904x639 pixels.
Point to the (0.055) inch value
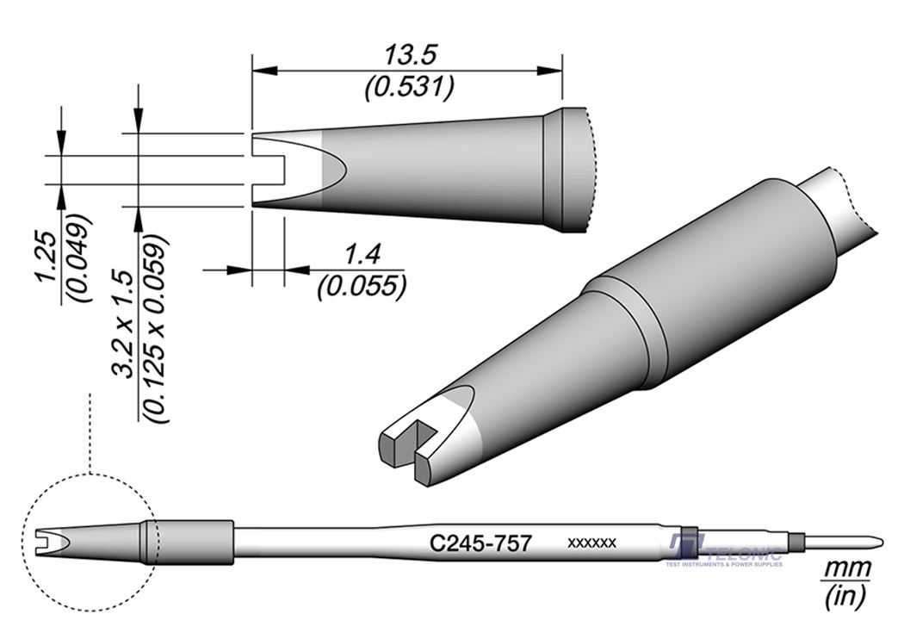click(x=362, y=285)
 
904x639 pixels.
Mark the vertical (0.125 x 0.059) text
click(x=158, y=328)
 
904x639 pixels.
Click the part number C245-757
click(x=480, y=543)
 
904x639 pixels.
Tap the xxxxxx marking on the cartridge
click(x=591, y=543)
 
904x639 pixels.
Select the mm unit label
click(x=848, y=568)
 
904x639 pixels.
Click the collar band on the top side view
click(x=551, y=170)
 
